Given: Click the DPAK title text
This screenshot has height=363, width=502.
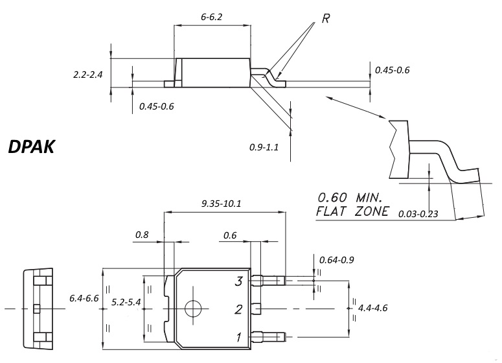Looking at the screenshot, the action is [x=31, y=146].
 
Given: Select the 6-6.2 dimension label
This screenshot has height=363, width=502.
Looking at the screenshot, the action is [x=211, y=17].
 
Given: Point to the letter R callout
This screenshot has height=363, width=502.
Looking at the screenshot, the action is [x=326, y=19].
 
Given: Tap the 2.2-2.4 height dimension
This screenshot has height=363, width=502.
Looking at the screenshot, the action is [x=87, y=75].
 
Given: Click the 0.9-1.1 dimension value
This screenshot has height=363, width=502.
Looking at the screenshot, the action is [x=264, y=147].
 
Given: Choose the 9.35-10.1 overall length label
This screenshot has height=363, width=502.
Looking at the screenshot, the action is [x=221, y=204].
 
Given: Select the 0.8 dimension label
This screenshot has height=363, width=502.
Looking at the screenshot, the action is [x=142, y=235].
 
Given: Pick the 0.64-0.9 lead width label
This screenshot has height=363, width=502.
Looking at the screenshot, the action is [x=336, y=260].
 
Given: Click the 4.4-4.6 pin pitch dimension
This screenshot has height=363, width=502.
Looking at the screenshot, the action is [x=372, y=308].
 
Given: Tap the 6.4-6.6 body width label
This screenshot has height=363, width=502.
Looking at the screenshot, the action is [x=84, y=298].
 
